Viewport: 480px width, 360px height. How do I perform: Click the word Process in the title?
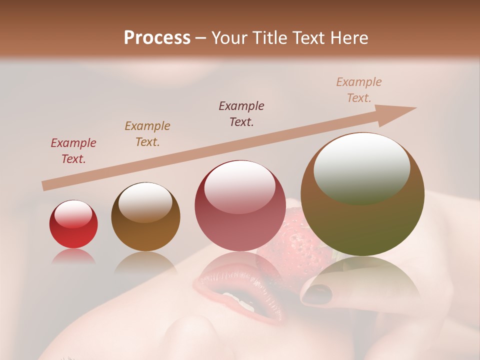157,38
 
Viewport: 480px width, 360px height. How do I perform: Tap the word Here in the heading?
348,38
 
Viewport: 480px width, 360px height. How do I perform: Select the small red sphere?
73,224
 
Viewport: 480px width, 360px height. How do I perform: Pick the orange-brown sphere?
145,216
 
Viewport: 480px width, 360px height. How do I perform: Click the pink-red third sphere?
239,205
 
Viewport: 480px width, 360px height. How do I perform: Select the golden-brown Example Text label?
147,134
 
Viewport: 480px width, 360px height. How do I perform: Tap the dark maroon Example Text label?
241,114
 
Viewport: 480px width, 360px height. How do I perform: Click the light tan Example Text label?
359,90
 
